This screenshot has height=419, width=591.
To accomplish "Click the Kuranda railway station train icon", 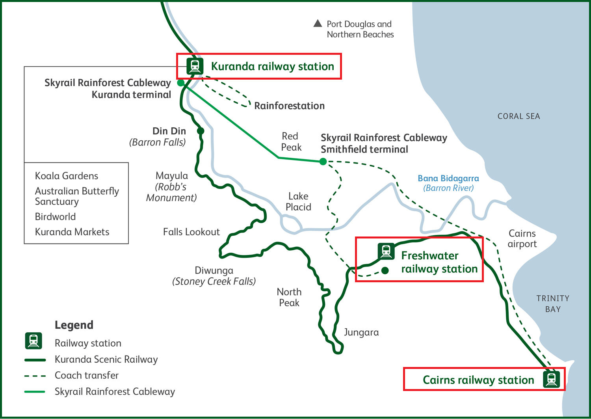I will pos(195,66).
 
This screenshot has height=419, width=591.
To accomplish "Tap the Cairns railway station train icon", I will pos(551,379).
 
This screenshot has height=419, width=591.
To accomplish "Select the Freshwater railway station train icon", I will pos(386,251).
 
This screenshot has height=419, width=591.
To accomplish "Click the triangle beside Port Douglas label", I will pos(318,24).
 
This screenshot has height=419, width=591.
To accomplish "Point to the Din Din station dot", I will pos(201,131).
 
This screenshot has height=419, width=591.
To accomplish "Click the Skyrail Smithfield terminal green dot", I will pos(323,161).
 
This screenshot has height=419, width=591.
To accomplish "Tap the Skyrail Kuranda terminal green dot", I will pos(181,83).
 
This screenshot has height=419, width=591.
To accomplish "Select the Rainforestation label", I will pos(289,106).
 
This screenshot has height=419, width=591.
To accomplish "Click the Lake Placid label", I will pos(298,201).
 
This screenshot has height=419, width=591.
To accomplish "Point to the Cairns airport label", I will pos(522,238).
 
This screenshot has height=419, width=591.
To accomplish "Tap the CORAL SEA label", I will pos(519,116).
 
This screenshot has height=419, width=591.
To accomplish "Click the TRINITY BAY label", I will pos(553,304).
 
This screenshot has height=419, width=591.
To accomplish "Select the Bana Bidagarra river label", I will pos(448,183).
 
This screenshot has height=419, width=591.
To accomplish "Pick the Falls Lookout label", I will pos(191,232).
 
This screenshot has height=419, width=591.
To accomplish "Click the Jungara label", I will pos(361,332).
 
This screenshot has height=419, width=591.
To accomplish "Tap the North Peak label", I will pos(289,297).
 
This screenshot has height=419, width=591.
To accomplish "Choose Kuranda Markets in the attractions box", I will pos(72,232).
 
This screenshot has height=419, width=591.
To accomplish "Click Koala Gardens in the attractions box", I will pos(67,176).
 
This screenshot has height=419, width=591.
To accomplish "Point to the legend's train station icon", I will pos(33,341).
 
